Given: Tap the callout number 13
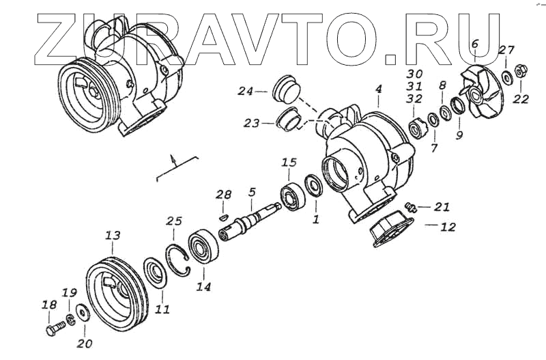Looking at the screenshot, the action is (113, 236).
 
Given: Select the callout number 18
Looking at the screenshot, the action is (49, 305).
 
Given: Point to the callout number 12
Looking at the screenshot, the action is (447, 227).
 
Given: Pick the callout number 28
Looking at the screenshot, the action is (224, 195).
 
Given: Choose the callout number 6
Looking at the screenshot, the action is (475, 44).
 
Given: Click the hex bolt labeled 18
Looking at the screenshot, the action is (54, 330).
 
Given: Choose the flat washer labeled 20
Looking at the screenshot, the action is (83, 313).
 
